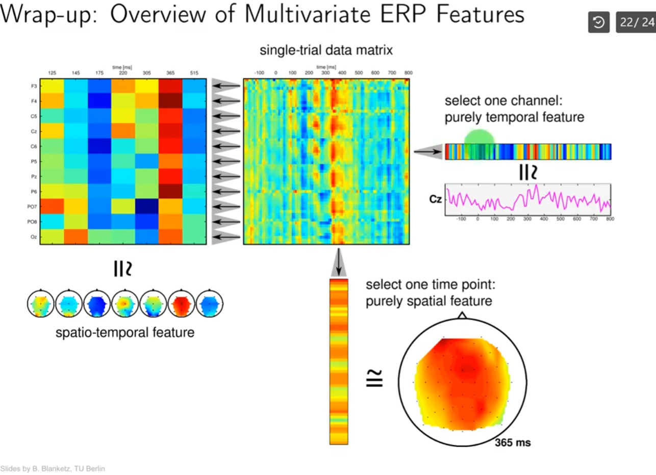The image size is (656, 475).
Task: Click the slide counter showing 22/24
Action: coord(636,23)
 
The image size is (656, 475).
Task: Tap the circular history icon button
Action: coord(599,23)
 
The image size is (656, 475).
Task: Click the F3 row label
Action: coord(34,87)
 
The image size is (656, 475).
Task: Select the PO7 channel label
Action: coord(33,207)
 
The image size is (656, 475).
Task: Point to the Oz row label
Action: coord(34,237)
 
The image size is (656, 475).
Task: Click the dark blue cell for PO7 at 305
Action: coord(146,206)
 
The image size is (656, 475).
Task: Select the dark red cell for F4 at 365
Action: coord(170,101)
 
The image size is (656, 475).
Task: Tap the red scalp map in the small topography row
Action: coord(182,305)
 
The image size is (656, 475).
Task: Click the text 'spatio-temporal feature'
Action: coord(125,333)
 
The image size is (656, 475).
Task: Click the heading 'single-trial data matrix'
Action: coord(326,50)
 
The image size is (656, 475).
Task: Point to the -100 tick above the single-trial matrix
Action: coord(259,73)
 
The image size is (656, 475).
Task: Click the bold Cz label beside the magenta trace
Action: coord(435,200)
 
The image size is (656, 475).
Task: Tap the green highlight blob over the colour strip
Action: coord(480,138)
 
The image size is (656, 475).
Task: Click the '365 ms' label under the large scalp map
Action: coord(513,442)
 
